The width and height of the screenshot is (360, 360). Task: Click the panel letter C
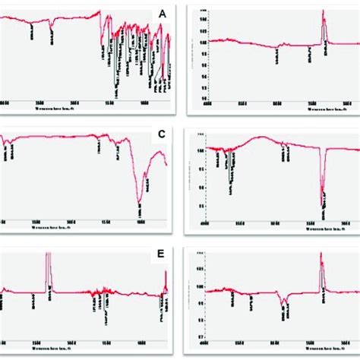pyautogui.click(x=160, y=135)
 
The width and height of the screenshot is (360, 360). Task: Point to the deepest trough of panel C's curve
pyautogui.click(x=140, y=201)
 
